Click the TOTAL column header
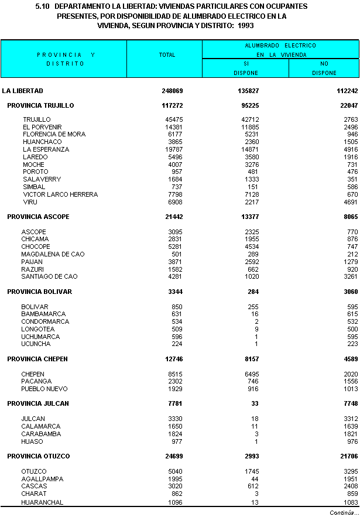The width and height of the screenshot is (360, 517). point(167,55)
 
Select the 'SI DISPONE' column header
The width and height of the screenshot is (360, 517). point(246,68)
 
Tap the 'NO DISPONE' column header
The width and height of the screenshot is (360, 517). point(324,68)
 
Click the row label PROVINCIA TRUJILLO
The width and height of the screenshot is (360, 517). point(40,105)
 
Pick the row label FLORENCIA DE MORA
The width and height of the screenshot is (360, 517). point(54,134)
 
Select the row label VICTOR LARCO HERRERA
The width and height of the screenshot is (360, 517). point(60,194)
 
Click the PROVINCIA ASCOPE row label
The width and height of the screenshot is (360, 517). point(38,217)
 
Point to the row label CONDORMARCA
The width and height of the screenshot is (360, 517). point(45,321)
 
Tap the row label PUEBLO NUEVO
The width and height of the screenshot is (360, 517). point(44,389)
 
